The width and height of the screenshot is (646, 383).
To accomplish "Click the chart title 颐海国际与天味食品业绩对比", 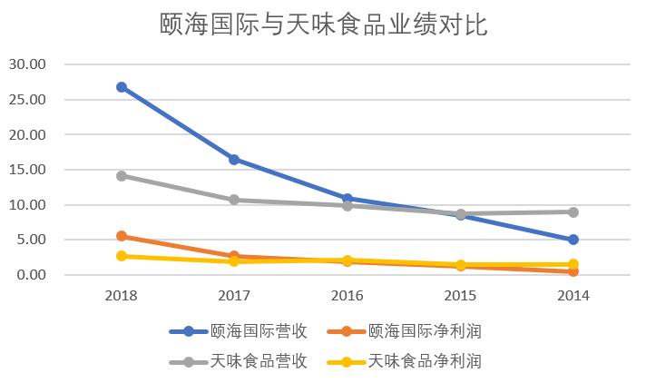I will coord(322,25).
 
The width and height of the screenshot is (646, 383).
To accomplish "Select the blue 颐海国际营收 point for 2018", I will coord(122,87).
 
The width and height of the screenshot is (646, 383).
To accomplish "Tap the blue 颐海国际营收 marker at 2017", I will coord(234,159).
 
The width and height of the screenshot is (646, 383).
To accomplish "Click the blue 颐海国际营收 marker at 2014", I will coord(573,240).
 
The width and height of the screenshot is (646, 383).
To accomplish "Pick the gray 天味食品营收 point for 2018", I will coord(122,175).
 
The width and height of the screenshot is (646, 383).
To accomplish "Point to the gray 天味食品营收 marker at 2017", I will coord(234,200).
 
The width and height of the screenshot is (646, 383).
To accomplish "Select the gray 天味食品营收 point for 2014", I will coord(573,211).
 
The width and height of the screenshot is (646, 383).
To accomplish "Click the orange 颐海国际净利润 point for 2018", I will coord(122,236).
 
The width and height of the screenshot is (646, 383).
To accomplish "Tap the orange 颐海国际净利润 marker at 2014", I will coord(573,271).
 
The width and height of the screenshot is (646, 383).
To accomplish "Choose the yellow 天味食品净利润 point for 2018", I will coord(122,256).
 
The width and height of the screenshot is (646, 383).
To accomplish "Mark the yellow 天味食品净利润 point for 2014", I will coord(573,264).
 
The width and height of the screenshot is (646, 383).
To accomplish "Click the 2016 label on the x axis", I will coord(347,295).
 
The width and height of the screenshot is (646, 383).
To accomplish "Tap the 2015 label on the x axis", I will coord(461,295).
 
